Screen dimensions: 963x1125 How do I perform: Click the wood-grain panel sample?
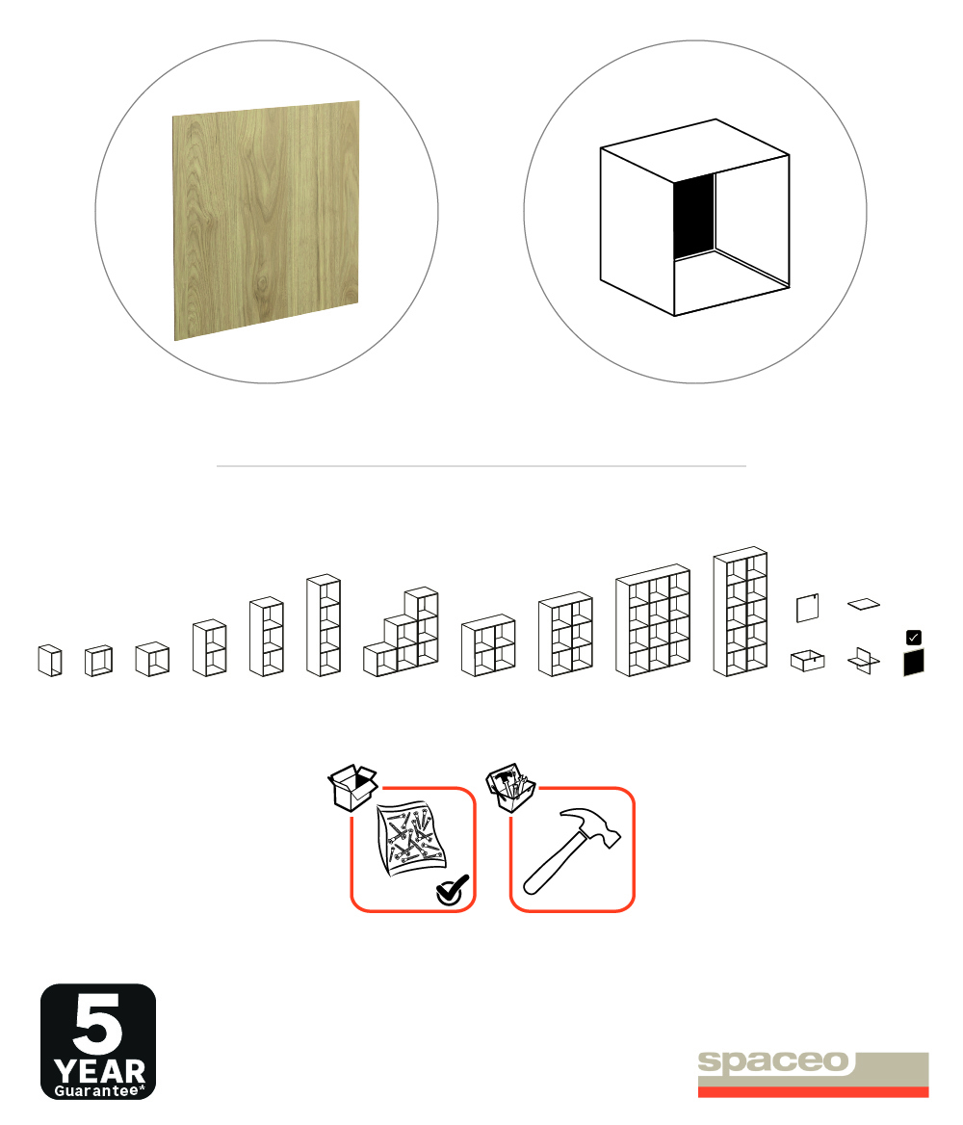click(x=266, y=221)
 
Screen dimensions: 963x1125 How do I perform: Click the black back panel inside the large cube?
click(x=694, y=215)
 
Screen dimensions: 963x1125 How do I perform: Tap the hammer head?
click(x=590, y=827)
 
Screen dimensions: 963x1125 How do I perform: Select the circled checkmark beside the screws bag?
click(x=452, y=890)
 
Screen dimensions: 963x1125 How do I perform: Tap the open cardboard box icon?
click(x=353, y=787)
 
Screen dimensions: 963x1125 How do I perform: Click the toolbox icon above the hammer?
click(x=511, y=787)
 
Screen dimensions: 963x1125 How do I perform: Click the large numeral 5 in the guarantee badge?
click(x=97, y=1023)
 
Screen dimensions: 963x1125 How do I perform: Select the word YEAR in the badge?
click(x=100, y=1072)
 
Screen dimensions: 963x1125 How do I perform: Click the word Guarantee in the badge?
click(x=96, y=1090)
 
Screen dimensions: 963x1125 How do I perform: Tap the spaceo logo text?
click(x=773, y=1061)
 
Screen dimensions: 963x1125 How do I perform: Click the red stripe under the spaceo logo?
click(x=813, y=1092)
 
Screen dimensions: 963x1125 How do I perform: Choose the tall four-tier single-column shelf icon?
click(x=324, y=625)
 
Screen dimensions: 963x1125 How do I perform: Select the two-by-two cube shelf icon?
click(x=488, y=645)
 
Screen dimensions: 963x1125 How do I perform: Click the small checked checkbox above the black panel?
click(x=914, y=637)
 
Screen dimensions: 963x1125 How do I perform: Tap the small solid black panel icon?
click(x=914, y=663)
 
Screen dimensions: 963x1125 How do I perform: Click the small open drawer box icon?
click(x=807, y=660)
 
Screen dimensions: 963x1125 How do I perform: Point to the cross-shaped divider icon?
click(x=863, y=661)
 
